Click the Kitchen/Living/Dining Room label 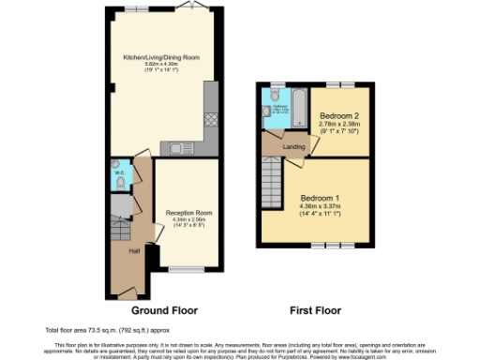tap(161, 56)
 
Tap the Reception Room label tap(188, 213)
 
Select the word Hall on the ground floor tap(122, 250)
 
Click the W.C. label tap(118, 172)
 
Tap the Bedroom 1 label tap(320, 199)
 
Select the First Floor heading tap(315, 308)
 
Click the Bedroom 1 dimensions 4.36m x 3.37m tap(320, 208)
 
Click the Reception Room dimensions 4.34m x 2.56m tap(188, 220)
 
